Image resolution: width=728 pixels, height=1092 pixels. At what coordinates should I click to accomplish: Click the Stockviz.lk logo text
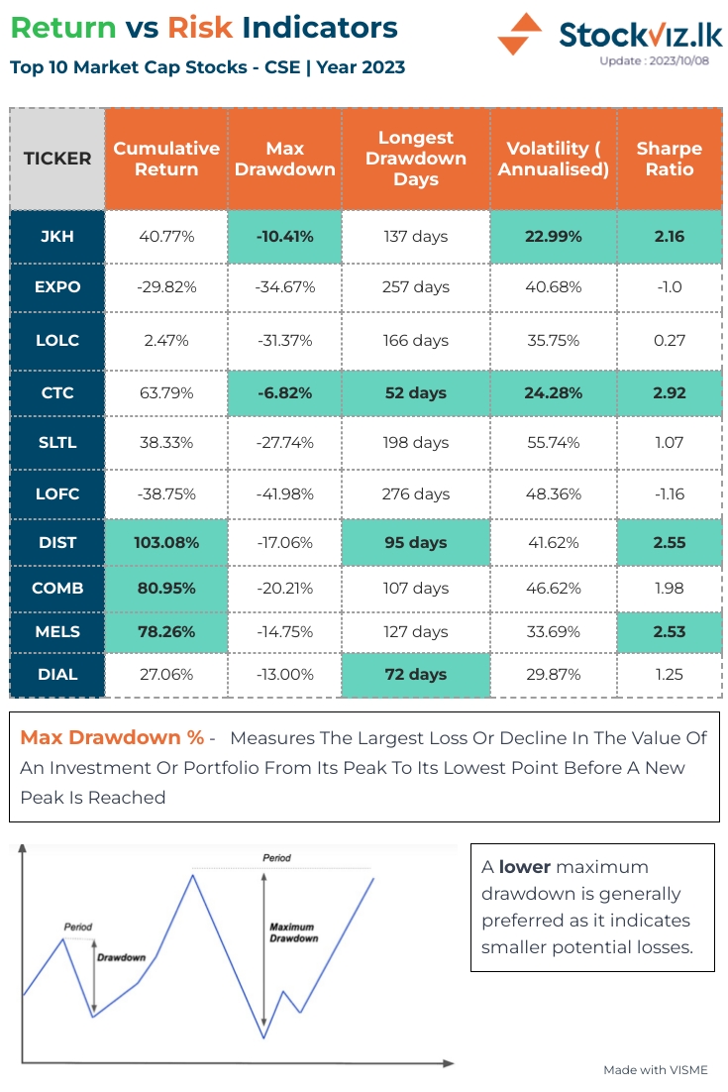pyautogui.click(x=640, y=34)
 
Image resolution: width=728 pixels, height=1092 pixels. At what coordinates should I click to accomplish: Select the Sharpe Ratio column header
pyautogui.click(x=669, y=159)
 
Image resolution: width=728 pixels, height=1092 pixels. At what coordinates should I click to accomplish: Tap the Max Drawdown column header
pyautogui.click(x=284, y=159)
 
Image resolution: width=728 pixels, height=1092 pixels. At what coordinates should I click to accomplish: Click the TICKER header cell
pyautogui.click(x=57, y=159)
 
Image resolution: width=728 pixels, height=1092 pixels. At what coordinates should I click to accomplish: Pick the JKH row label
pyautogui.click(x=57, y=237)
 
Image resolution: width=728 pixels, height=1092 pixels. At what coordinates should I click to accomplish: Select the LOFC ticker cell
pyautogui.click(x=57, y=493)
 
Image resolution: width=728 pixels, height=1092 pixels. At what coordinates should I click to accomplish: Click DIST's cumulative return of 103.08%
pyautogui.click(x=166, y=543)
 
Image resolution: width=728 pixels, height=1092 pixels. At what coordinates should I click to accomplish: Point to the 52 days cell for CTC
pyautogui.click(x=415, y=393)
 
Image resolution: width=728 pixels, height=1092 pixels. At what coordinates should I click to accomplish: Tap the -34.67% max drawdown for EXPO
pyautogui.click(x=284, y=287)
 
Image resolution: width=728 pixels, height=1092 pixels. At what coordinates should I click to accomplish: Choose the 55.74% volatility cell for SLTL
pyautogui.click(x=553, y=443)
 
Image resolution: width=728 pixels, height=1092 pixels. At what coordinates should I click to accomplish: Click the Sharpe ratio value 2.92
pyautogui.click(x=669, y=393)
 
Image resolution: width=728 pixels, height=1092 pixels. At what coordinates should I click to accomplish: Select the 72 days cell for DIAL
pyautogui.click(x=415, y=675)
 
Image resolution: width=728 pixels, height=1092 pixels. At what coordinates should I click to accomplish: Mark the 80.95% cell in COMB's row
pyautogui.click(x=166, y=589)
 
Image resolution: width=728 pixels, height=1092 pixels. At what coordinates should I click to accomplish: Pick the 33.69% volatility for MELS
pyautogui.click(x=553, y=632)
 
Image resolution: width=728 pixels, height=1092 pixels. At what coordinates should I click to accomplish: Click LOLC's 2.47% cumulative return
pyautogui.click(x=166, y=340)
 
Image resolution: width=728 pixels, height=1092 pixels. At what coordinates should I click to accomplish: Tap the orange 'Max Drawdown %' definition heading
pyautogui.click(x=112, y=738)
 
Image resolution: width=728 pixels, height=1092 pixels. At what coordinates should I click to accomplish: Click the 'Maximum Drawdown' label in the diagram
pyautogui.click(x=293, y=932)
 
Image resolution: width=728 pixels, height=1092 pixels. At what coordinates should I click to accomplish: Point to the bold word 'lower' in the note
pyautogui.click(x=524, y=867)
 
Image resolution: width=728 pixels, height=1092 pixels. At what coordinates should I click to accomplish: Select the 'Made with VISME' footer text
pyautogui.click(x=656, y=1070)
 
